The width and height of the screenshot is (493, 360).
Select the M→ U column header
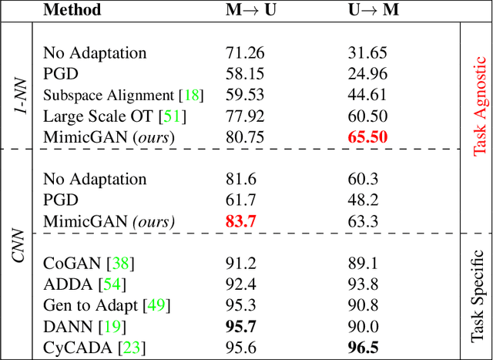pos(250,11)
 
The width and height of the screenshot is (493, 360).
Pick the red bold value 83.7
pos(241,222)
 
